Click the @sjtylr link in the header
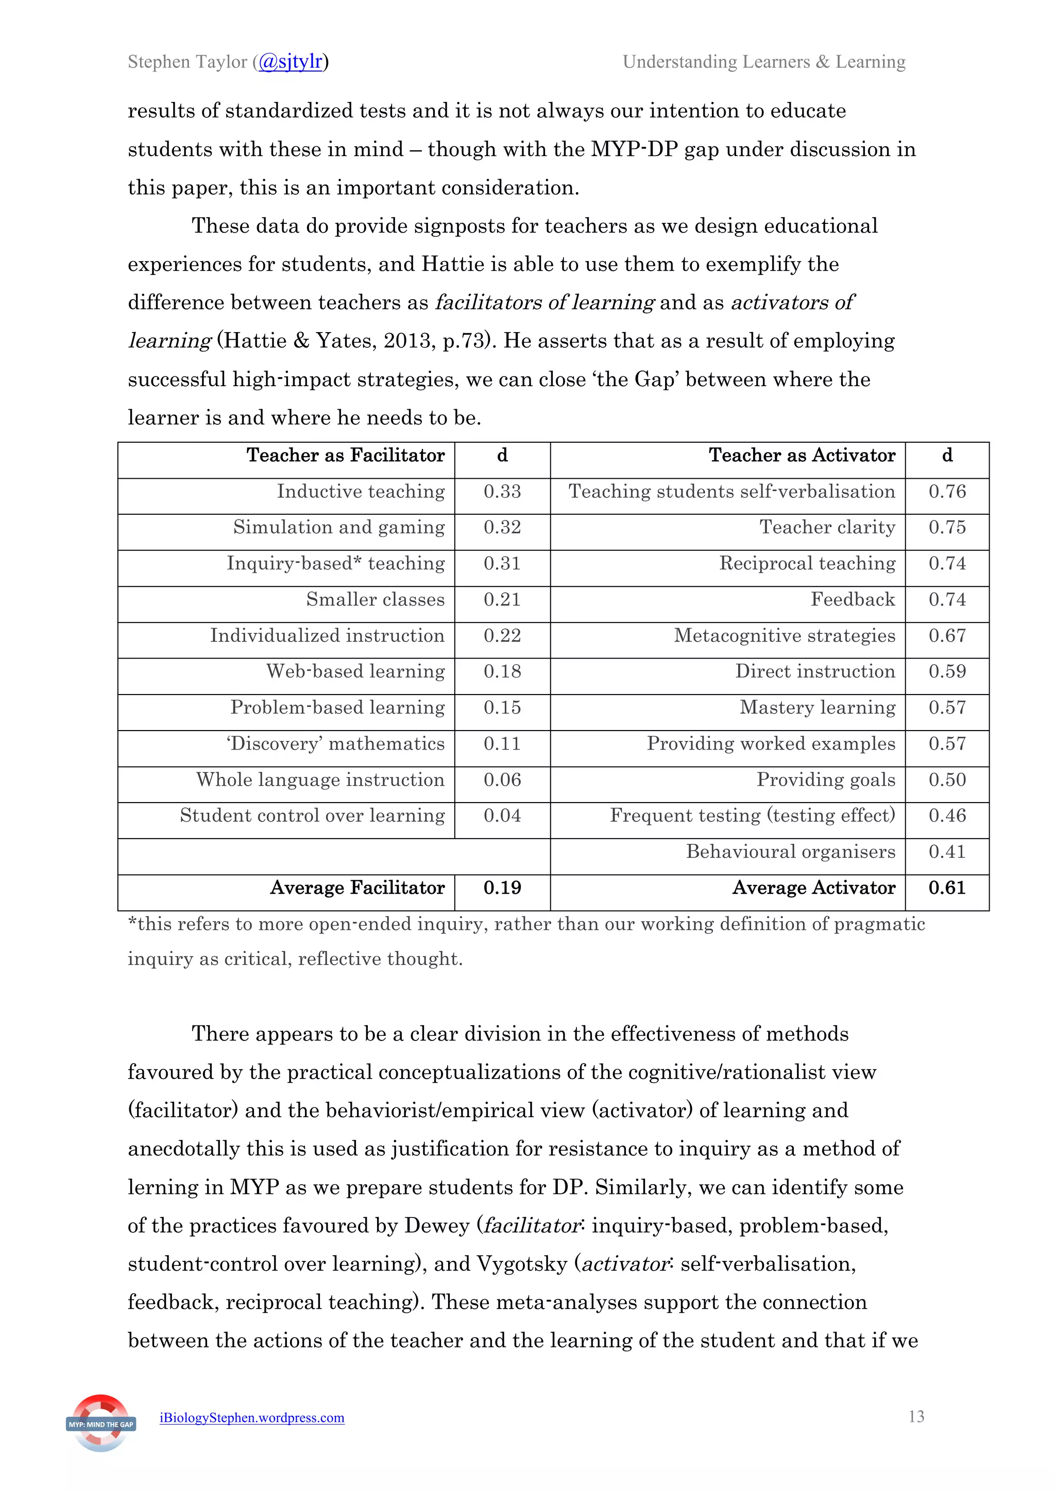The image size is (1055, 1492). [291, 62]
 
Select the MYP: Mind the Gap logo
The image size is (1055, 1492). [101, 1423]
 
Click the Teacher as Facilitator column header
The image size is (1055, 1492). [345, 455]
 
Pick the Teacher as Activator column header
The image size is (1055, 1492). [802, 455]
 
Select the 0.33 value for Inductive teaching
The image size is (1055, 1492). [502, 491]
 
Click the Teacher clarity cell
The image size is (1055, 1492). [827, 527]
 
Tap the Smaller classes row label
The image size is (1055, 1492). [375, 599]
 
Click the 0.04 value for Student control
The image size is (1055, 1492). [502, 816]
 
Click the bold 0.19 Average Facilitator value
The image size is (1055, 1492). [502, 888]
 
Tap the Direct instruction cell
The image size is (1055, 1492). [814, 671]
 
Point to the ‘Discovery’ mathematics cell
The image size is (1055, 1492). [335, 743]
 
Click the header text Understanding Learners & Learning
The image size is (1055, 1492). [764, 62]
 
